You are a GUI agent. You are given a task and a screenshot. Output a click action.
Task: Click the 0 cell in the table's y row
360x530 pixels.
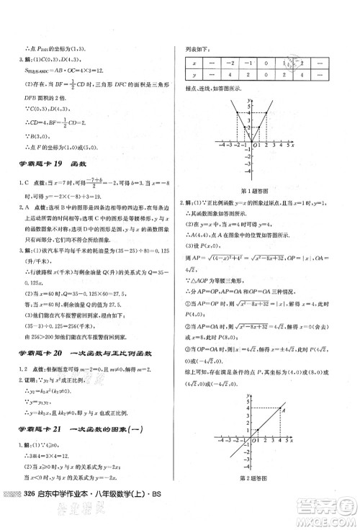click(x=267, y=76)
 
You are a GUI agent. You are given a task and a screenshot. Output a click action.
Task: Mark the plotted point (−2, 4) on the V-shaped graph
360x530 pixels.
click(x=237, y=113)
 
